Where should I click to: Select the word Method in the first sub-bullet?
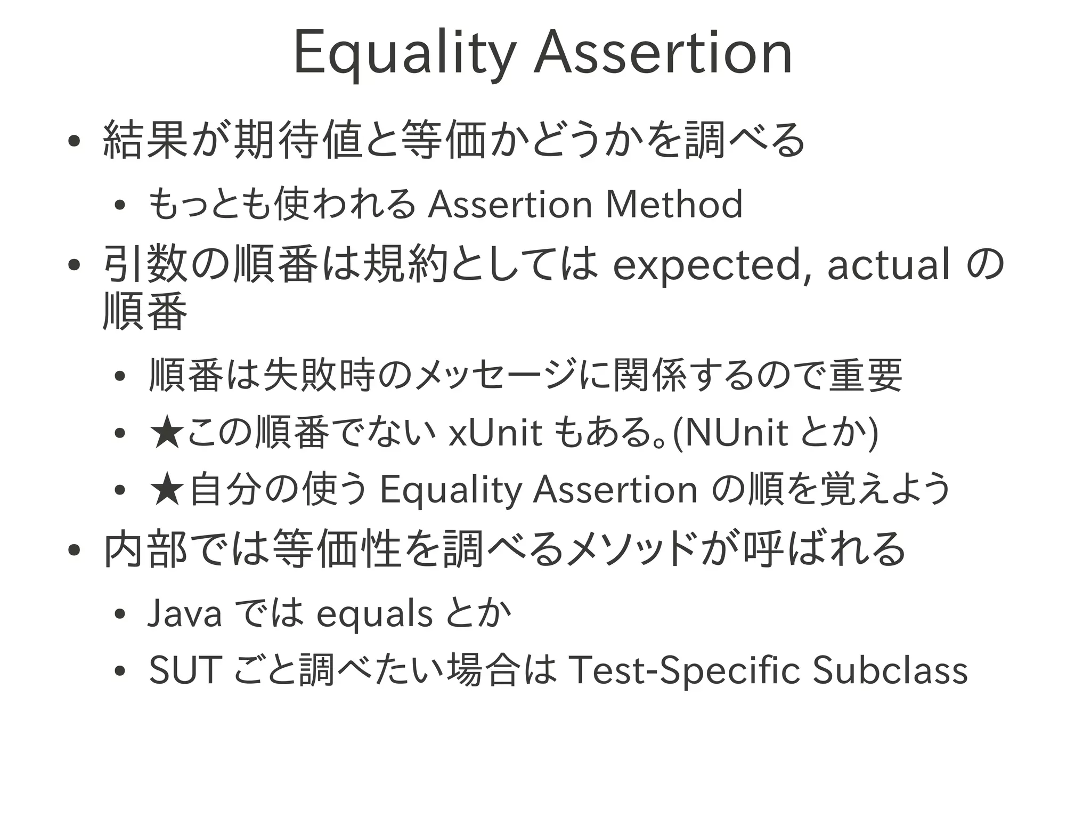[x=674, y=204]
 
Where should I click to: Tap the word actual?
[x=889, y=264]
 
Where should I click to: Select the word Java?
[x=184, y=613]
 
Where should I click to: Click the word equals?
[x=374, y=614]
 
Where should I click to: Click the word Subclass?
[x=890, y=670]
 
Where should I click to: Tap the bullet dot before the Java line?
[x=119, y=614]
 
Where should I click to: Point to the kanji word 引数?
[x=146, y=265]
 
